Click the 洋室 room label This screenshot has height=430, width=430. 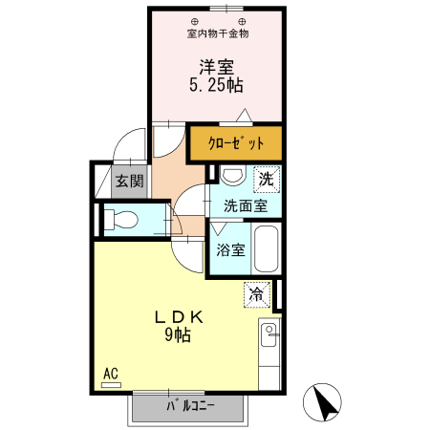(x=217, y=67)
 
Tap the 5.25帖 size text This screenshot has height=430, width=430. (x=217, y=85)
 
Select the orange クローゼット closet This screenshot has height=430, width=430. (x=236, y=144)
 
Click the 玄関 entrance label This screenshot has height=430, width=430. (x=129, y=181)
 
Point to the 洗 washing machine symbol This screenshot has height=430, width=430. (x=266, y=177)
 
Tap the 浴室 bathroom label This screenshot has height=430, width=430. (x=230, y=250)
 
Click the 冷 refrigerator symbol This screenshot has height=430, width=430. (x=256, y=294)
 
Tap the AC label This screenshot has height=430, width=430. (x=110, y=373)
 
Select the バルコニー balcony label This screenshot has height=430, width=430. (x=189, y=407)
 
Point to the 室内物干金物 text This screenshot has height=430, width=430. (x=217, y=33)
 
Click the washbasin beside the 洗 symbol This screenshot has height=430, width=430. (x=231, y=177)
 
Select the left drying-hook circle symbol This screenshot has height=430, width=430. (x=195, y=20)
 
